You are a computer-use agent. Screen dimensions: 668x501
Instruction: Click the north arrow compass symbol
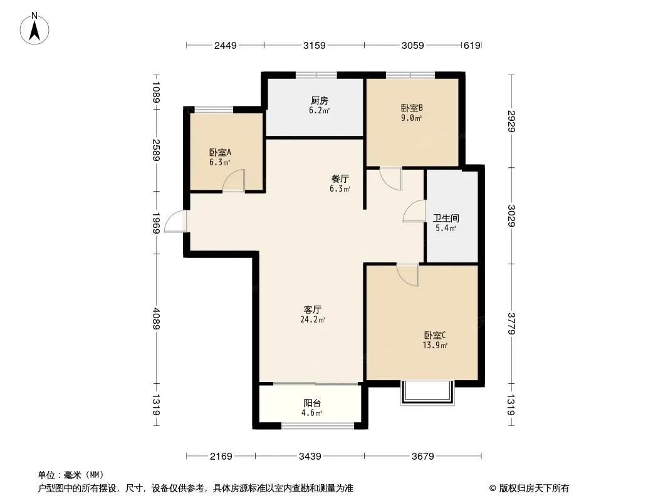pos(34,29)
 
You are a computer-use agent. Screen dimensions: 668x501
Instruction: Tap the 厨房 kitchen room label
pos(320,101)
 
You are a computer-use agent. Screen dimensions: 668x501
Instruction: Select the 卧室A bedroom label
pos(220,152)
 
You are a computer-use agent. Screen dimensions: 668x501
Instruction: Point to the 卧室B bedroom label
pos(412,108)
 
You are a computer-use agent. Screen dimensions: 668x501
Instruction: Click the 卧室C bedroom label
pos(435,336)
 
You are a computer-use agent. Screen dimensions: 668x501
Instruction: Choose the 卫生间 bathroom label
pos(446,219)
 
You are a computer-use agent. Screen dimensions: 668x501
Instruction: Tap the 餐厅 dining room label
pos(340,178)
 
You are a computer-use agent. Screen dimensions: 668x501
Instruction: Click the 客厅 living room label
pos(313,309)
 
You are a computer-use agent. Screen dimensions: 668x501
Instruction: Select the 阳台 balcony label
pos(312,403)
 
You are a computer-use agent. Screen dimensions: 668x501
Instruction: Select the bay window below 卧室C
pos(427,393)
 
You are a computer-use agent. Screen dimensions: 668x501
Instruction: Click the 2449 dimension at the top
pos(226,45)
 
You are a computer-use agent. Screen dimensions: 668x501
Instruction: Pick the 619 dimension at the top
pos(472,45)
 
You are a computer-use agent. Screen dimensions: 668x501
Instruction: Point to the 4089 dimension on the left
pos(157,318)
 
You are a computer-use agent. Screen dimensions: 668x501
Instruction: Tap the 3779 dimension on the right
pos(511,324)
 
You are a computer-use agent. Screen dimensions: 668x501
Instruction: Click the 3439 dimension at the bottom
pos(310,457)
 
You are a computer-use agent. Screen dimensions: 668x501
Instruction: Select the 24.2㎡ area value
pos(313,319)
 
